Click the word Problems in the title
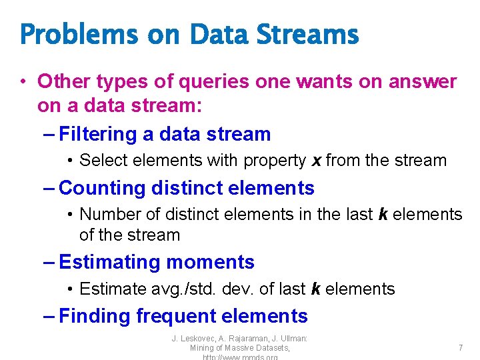[x=79, y=35]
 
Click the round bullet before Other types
[x=23, y=82]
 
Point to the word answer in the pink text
[x=423, y=82]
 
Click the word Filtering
[x=97, y=134]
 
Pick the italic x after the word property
[x=317, y=161]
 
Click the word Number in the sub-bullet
[x=104, y=214]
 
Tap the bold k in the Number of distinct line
[x=383, y=214]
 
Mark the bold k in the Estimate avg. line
[x=316, y=289]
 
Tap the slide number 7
[x=460, y=347]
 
